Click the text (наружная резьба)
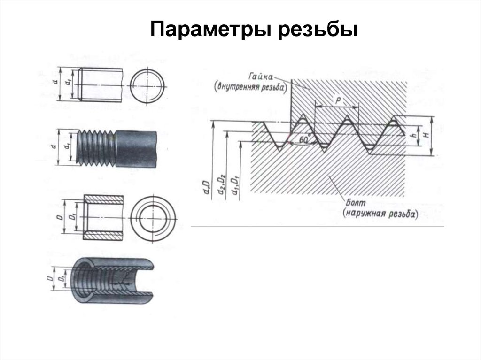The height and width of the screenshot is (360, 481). pos(380,214)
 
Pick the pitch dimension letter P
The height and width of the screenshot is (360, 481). pos(337,100)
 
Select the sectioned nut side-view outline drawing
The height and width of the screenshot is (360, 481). pos(103,217)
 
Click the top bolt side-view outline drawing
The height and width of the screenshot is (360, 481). pos(101,84)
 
